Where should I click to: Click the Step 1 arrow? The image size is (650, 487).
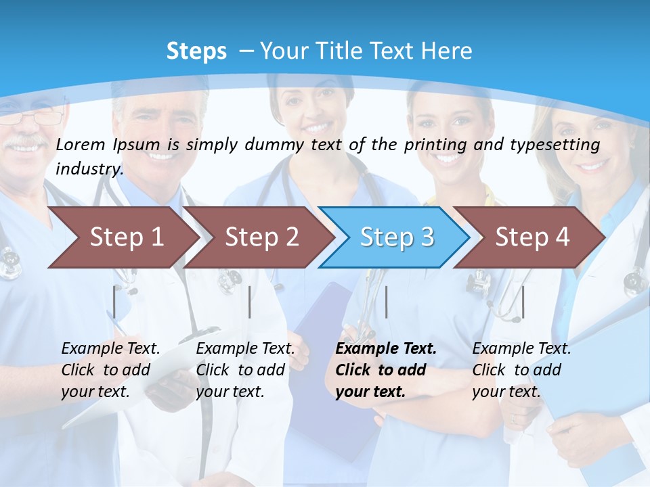click(122, 237)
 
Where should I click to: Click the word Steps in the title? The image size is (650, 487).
click(196, 51)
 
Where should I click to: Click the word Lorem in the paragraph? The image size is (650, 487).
click(81, 145)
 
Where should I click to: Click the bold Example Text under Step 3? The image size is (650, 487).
click(386, 349)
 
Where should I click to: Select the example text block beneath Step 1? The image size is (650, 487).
click(110, 370)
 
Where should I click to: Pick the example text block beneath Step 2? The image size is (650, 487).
click(245, 370)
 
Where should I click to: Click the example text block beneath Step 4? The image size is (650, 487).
click(521, 370)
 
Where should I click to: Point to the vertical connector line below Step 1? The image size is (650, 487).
click(114, 302)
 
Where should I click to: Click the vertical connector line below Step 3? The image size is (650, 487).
click(386, 302)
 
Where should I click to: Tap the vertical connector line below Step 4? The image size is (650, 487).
click(523, 302)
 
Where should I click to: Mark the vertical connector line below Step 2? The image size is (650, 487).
click(250, 302)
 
